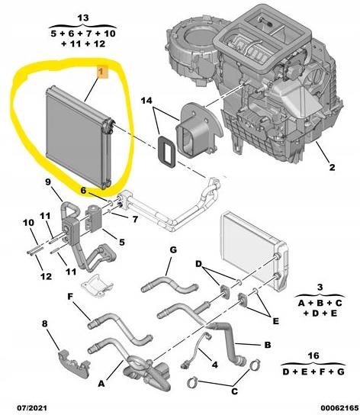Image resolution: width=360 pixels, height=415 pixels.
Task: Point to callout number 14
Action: click(146, 101)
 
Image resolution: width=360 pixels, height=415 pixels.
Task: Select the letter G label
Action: click(173, 249)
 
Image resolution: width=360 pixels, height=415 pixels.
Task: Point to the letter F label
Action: click(70, 294)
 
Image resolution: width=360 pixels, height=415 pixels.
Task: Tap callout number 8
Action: click(45, 323)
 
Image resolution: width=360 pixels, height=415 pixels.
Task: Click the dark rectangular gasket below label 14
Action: click(164, 150)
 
